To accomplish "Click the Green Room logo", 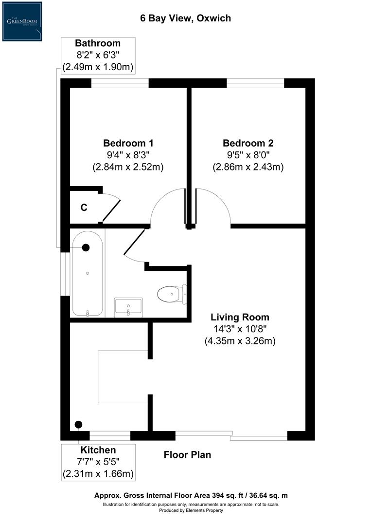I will pyautogui.click(x=22, y=21).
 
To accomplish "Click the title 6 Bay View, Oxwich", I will pyautogui.click(x=185, y=19).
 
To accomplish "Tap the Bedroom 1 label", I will pyautogui.click(x=128, y=143).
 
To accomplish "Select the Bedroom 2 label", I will pyautogui.click(x=248, y=143).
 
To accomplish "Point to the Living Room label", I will pyautogui.click(x=240, y=317).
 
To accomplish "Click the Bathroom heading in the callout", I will pyautogui.click(x=98, y=43).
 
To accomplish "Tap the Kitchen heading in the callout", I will pyautogui.click(x=98, y=450).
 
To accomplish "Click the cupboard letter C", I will pyautogui.click(x=84, y=207).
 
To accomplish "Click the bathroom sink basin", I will pyautogui.click(x=128, y=307).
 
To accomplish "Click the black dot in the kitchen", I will pyautogui.click(x=79, y=424).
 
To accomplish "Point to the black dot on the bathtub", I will pyautogui.click(x=86, y=247).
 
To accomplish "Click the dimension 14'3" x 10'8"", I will pyautogui.click(x=240, y=329).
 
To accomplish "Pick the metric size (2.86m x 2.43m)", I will pyautogui.click(x=248, y=167).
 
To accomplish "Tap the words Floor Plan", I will pyautogui.click(x=187, y=455).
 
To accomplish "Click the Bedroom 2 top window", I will pyautogui.click(x=255, y=83).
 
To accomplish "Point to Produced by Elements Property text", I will pyautogui.click(x=191, y=510).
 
